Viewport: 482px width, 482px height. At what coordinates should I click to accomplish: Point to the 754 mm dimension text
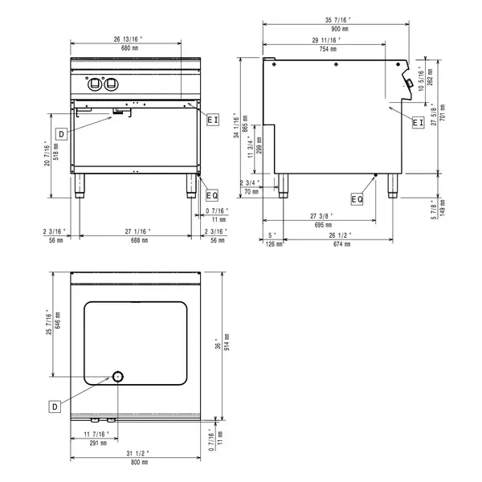tap(326, 48)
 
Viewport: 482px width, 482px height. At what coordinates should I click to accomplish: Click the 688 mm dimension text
tap(139, 240)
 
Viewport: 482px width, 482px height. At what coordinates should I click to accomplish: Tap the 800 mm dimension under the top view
tap(139, 461)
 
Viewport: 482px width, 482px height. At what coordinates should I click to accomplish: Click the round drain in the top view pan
tap(117, 377)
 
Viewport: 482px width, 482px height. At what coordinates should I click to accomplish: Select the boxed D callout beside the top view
tap(55, 406)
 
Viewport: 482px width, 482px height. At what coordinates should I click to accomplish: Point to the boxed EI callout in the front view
tap(212, 120)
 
